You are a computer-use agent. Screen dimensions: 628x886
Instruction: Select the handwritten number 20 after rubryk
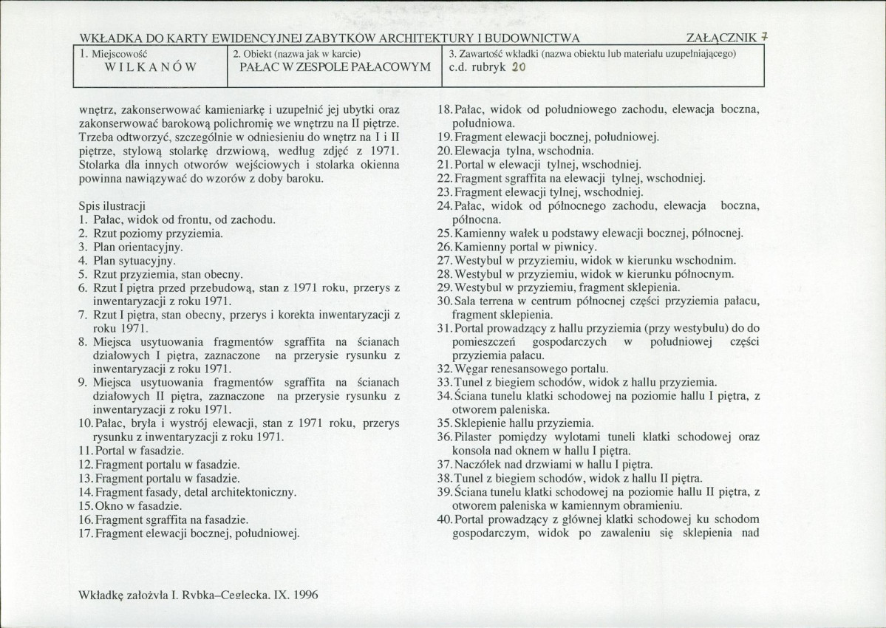pos(518,66)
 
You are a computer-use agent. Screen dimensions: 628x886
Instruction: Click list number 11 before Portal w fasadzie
pos(84,451)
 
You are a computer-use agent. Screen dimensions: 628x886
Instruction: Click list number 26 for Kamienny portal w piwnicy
pos(444,246)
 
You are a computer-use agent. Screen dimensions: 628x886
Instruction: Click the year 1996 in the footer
pos(304,594)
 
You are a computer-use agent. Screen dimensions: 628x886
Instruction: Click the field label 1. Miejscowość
pos(115,54)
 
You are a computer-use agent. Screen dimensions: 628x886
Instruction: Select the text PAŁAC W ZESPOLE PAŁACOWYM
pos(335,67)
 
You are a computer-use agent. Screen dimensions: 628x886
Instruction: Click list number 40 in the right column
pos(444,520)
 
